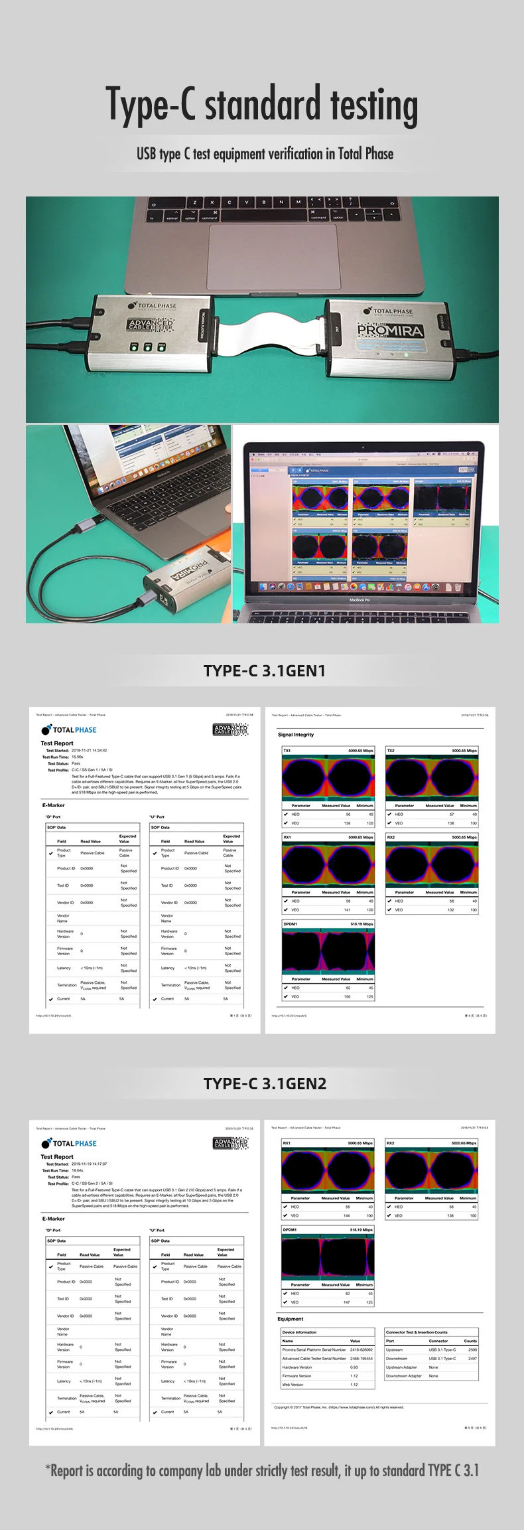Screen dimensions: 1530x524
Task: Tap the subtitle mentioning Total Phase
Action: click(265, 154)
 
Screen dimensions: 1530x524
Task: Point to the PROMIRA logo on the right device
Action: click(389, 330)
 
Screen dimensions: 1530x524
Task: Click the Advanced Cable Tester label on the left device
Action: click(151, 325)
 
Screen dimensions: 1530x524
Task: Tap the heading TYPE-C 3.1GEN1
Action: click(265, 670)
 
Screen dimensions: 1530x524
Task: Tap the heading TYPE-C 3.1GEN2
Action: click(265, 1084)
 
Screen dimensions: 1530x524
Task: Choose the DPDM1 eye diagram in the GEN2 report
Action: click(328, 1257)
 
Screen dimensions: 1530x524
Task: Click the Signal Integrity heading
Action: click(296, 735)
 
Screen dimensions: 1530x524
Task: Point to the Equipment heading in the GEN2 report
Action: click(291, 1319)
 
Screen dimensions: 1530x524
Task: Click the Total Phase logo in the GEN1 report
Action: click(69, 729)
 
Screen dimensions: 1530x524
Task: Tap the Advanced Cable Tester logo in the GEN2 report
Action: click(230, 1143)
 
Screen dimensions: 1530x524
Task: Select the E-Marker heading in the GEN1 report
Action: click(54, 805)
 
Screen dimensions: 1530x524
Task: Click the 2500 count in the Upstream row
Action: click(472, 1349)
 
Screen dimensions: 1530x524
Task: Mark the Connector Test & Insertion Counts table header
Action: click(417, 1332)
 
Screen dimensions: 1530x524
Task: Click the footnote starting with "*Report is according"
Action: click(262, 1470)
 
